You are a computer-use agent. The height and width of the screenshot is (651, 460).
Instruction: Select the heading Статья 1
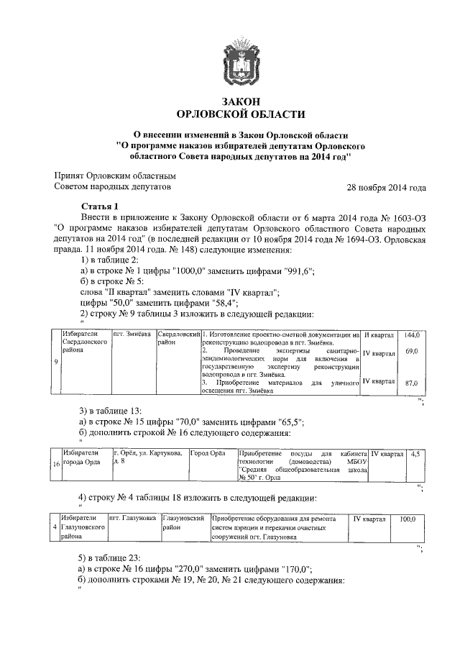pos(98,206)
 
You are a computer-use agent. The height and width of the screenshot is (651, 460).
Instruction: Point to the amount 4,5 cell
pos(415,454)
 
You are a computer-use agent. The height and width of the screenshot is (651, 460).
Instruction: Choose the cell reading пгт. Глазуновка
pos(133,518)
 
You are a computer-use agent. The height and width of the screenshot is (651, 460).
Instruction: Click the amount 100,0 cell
pos(408,518)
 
